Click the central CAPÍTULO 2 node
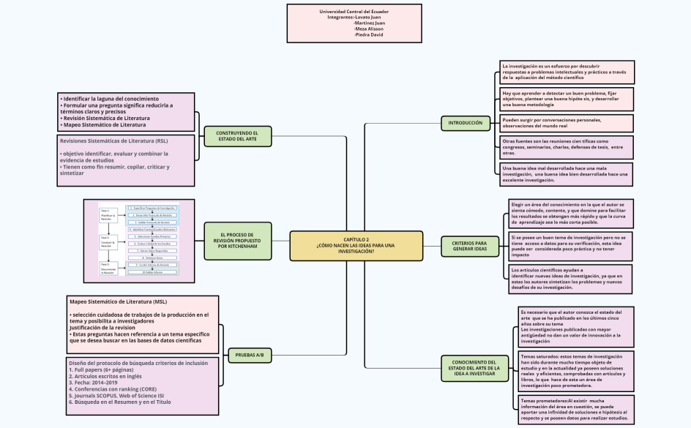click(x=356, y=245)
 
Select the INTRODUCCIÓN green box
click(x=465, y=123)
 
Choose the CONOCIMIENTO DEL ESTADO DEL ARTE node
click(x=474, y=367)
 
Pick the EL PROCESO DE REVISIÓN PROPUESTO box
click(x=237, y=241)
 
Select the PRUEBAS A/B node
click(x=249, y=355)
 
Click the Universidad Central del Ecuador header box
click(x=354, y=23)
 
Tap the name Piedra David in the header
click(x=368, y=35)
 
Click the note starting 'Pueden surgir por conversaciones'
click(x=567, y=122)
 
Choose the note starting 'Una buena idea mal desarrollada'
click(x=567, y=173)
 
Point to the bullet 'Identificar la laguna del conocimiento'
click(x=111, y=98)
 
